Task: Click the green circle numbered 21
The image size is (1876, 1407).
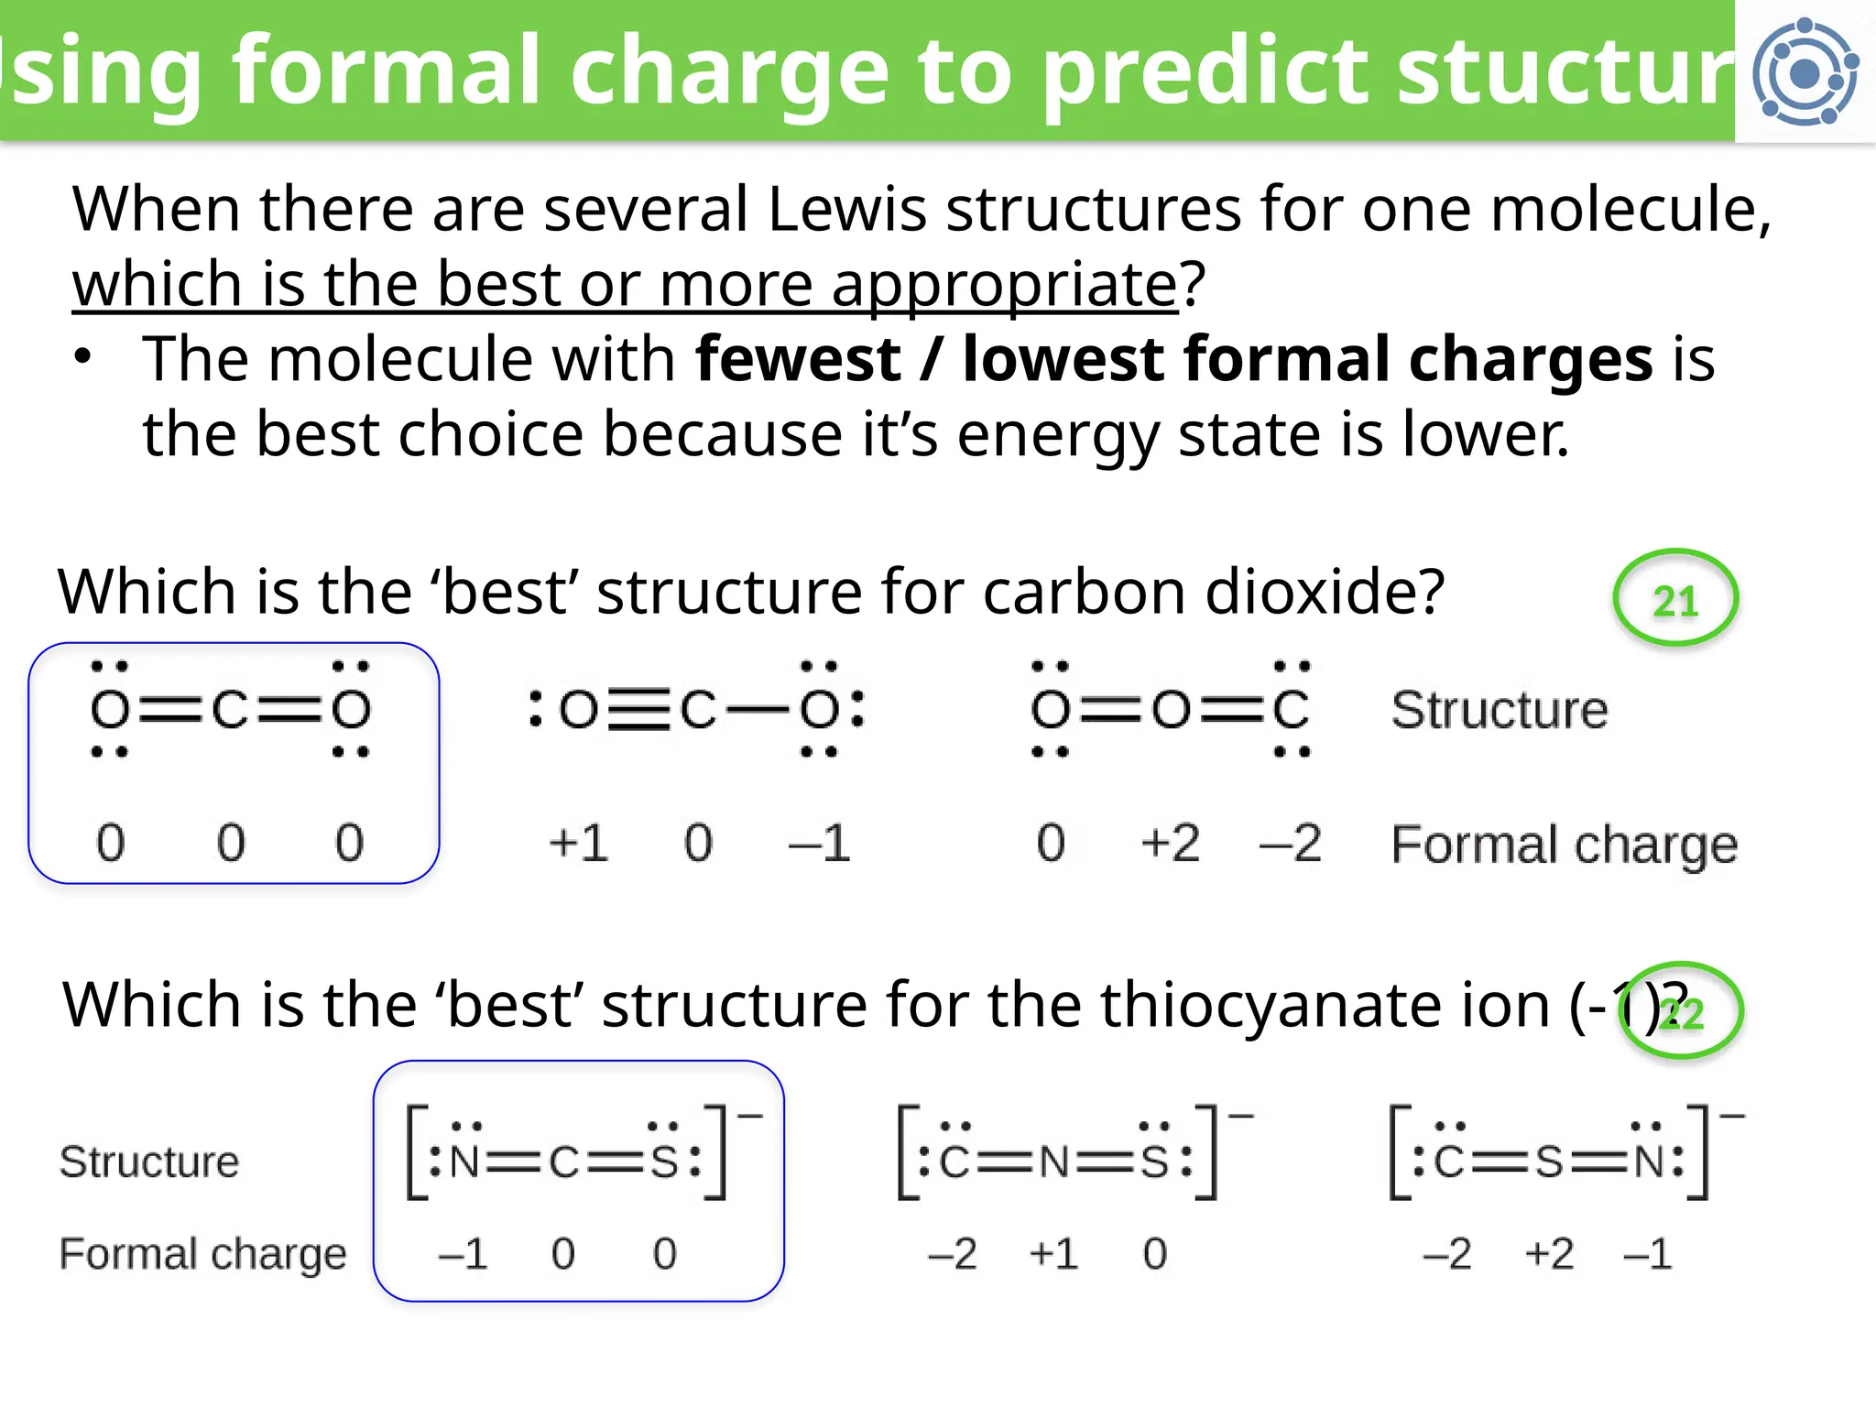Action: (x=1674, y=599)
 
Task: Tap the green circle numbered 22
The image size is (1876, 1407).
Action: (x=1682, y=1011)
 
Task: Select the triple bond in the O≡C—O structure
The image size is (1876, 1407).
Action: (x=639, y=710)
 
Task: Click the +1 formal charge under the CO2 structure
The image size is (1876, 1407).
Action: (x=578, y=843)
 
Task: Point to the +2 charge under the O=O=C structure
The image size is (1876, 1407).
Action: (x=1170, y=843)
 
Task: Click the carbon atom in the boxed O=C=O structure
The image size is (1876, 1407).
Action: (x=230, y=710)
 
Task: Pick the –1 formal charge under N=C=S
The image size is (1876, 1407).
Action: (x=463, y=1253)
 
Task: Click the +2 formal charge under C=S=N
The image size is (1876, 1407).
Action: (x=1549, y=1253)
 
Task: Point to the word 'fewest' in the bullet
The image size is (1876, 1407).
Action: (x=798, y=359)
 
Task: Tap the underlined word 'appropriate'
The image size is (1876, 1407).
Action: (x=1004, y=284)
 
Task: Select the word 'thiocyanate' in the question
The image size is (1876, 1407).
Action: (x=1325, y=1005)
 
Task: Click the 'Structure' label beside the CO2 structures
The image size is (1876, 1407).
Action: (x=1500, y=710)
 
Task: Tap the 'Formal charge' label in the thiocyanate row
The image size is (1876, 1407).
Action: (x=203, y=1253)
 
